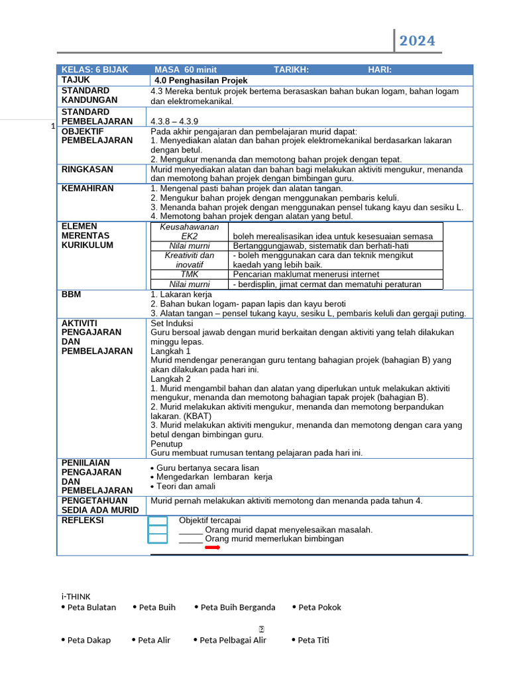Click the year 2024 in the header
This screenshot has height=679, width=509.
click(x=417, y=41)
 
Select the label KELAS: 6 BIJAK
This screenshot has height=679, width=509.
click(x=95, y=70)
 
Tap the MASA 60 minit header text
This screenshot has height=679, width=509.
click(x=186, y=70)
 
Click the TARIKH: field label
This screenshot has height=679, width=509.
click(x=291, y=70)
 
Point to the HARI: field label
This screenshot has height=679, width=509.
click(x=380, y=70)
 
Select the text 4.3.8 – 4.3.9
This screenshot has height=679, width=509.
click(x=174, y=121)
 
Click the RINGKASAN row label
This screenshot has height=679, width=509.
click(x=87, y=170)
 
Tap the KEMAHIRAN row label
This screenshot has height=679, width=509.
click(x=87, y=188)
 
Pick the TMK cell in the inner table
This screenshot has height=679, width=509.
click(x=190, y=274)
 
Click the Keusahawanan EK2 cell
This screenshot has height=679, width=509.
click(x=190, y=231)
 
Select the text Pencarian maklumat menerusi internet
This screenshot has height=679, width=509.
click(x=306, y=274)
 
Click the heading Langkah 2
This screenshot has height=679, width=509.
click(x=170, y=379)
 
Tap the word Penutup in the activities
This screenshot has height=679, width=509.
click(x=166, y=444)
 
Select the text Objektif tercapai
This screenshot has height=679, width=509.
click(x=210, y=520)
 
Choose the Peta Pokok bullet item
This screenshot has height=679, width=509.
click(x=319, y=607)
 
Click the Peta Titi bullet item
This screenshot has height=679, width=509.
click(x=313, y=641)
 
